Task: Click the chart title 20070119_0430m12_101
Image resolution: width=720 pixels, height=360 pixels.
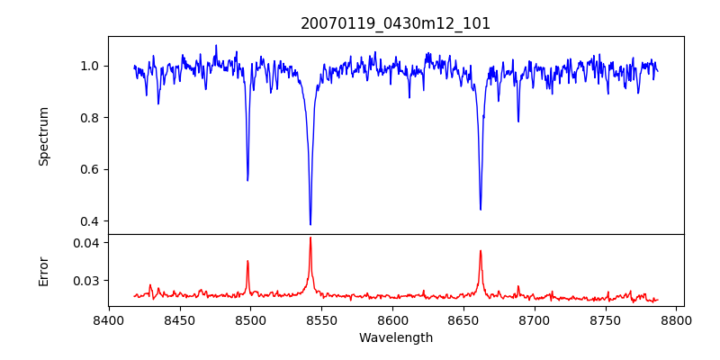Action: pos(396,23)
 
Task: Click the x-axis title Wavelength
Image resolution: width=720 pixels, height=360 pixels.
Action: pos(396,337)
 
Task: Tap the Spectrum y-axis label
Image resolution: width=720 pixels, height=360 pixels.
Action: pos(44,136)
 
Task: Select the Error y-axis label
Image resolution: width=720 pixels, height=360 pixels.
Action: pos(44,271)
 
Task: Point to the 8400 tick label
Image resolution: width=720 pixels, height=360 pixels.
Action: pos(109,319)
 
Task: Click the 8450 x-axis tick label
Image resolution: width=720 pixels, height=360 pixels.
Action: pos(180,319)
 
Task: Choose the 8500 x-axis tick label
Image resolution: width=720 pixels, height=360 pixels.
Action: pos(251,319)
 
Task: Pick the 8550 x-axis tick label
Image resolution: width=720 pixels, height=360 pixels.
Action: pos(322,319)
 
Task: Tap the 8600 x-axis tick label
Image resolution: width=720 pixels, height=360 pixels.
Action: pos(393,319)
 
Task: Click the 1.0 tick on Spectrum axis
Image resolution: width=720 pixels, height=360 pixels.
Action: pos(90,66)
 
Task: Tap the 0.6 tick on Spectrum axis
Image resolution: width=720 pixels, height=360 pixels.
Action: pos(90,169)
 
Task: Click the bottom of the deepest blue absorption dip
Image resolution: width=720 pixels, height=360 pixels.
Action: pos(310,224)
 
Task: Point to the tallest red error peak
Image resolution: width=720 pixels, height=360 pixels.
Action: pos(310,238)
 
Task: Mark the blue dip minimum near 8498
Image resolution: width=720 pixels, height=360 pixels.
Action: pos(247,180)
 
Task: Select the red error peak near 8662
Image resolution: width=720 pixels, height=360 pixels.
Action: pos(481,251)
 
